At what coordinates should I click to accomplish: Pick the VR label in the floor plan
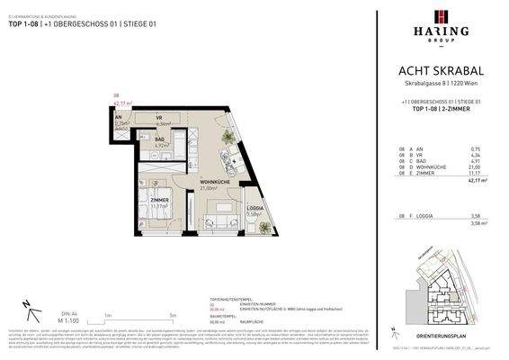click(x=158, y=119)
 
